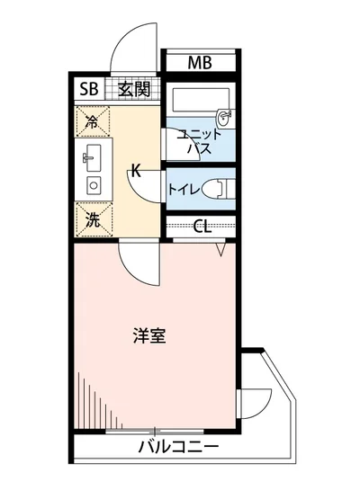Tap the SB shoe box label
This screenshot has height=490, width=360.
click(x=88, y=89)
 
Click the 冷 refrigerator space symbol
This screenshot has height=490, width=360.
click(x=92, y=120)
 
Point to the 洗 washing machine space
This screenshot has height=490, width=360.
click(x=92, y=216)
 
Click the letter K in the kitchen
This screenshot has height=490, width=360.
click(x=136, y=169)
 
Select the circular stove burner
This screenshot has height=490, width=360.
click(x=91, y=185)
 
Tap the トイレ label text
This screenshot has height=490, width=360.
click(x=183, y=190)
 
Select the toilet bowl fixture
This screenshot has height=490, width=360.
click(x=218, y=190)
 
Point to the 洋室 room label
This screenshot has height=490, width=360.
click(x=149, y=336)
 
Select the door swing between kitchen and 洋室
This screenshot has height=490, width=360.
click(x=137, y=266)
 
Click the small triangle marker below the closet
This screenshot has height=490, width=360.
click(x=220, y=251)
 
